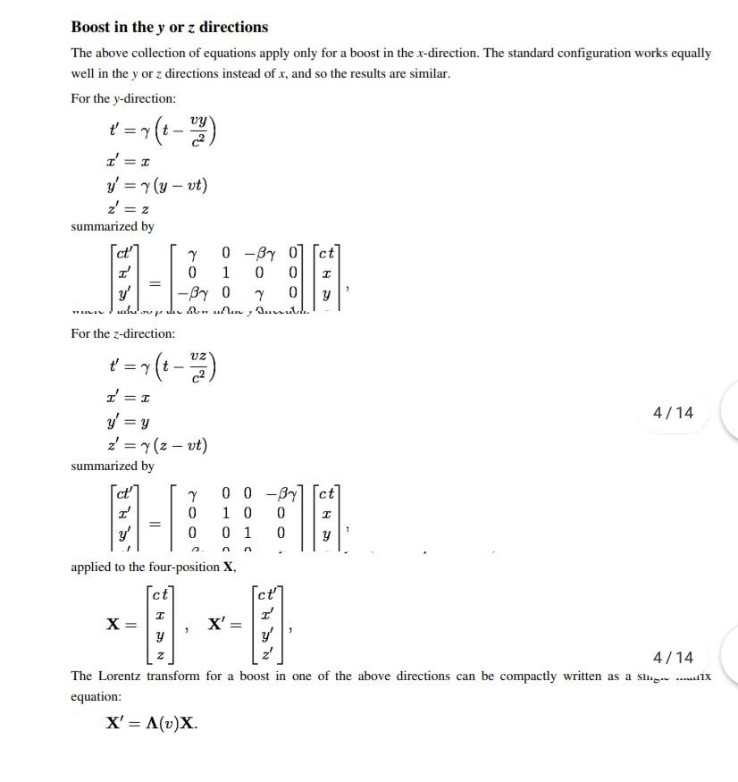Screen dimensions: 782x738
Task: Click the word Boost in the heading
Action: click(93, 27)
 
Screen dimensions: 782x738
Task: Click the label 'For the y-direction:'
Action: click(123, 98)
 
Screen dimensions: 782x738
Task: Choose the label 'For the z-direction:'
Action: click(123, 333)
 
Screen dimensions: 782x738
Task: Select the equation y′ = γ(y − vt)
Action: click(157, 186)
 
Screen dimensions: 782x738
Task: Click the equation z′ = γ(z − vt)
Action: click(157, 445)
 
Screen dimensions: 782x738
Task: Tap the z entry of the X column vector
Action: click(160, 655)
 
